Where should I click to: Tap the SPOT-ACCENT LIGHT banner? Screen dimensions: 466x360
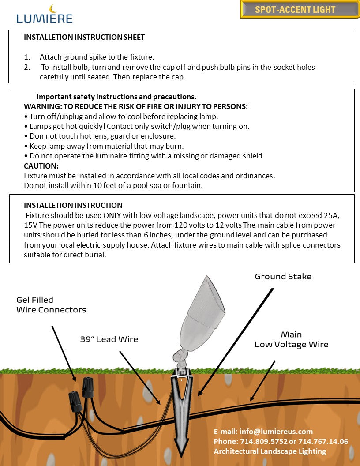tap(295, 10)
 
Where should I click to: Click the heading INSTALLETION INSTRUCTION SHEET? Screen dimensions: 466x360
tap(84, 38)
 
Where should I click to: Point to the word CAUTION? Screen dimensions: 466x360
tap(41, 166)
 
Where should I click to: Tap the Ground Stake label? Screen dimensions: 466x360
tap(283, 277)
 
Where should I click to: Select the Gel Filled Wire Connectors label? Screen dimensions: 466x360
tap(51, 305)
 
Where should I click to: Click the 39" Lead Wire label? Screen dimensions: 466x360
tap(109, 339)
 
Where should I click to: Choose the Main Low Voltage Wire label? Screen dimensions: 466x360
tap(291, 339)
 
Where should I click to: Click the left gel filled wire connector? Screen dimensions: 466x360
tap(74, 402)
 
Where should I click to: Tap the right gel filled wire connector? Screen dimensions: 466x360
tap(88, 387)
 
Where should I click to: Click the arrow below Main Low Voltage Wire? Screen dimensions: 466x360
tap(263, 380)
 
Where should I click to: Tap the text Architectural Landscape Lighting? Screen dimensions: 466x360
tap(270, 451)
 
